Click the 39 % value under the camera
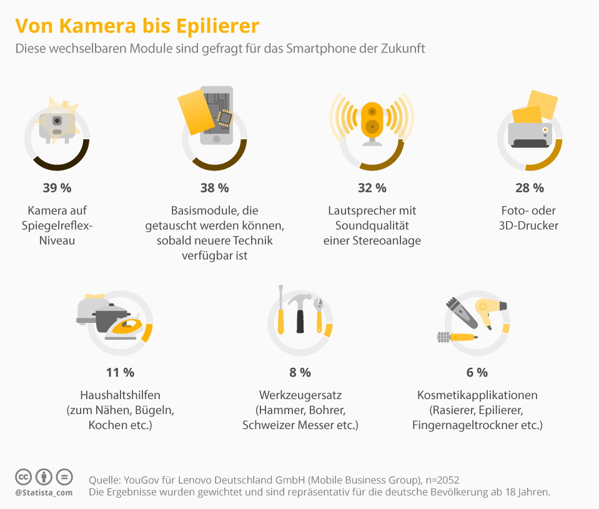(x=57, y=187)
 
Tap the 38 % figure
(x=214, y=187)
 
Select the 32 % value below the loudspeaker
(x=372, y=187)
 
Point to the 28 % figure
(x=530, y=187)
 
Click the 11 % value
(x=120, y=372)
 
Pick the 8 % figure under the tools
(x=300, y=372)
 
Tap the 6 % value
(x=477, y=372)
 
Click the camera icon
(x=57, y=124)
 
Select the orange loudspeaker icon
(x=372, y=119)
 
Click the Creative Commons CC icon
(x=23, y=477)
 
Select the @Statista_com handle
(x=44, y=493)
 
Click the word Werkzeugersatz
(x=300, y=395)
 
